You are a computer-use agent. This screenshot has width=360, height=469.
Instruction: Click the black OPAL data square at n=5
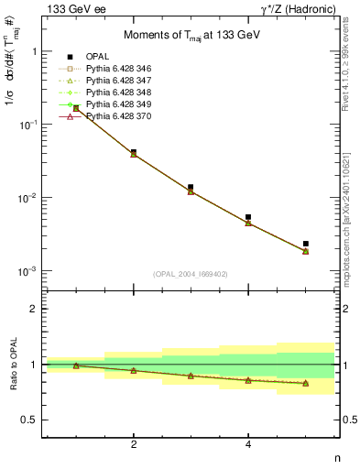[306, 244]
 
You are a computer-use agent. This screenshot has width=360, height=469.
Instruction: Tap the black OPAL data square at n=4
[248, 217]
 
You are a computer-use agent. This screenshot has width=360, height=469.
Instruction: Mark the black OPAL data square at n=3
[191, 187]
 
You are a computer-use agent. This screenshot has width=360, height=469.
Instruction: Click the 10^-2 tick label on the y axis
[27, 199]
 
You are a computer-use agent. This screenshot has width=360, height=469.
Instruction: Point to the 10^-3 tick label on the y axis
[27, 272]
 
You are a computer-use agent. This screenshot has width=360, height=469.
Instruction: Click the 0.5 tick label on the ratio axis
[29, 420]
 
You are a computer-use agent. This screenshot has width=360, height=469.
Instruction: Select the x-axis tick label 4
[248, 445]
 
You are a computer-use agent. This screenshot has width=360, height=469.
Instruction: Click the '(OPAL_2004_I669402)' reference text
[191, 274]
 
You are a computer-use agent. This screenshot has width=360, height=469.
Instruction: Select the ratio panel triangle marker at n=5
[306, 383]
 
